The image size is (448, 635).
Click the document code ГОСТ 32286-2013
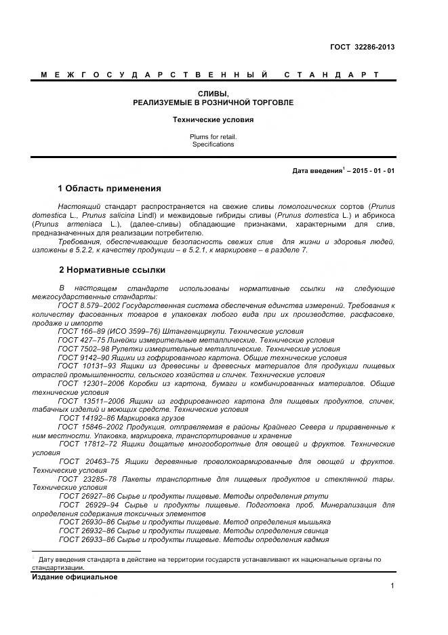pyautogui.click(x=362, y=47)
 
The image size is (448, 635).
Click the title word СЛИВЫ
pyautogui.click(x=213, y=93)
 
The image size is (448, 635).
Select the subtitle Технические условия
pyautogui.click(x=213, y=119)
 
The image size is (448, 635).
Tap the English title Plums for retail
pyautogui.click(x=213, y=136)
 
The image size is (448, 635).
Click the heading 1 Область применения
pyautogui.click(x=109, y=188)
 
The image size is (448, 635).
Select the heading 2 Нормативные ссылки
pyautogui.click(x=111, y=269)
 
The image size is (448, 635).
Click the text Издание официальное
pyautogui.click(x=75, y=577)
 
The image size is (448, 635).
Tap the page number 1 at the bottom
pyautogui.click(x=392, y=586)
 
